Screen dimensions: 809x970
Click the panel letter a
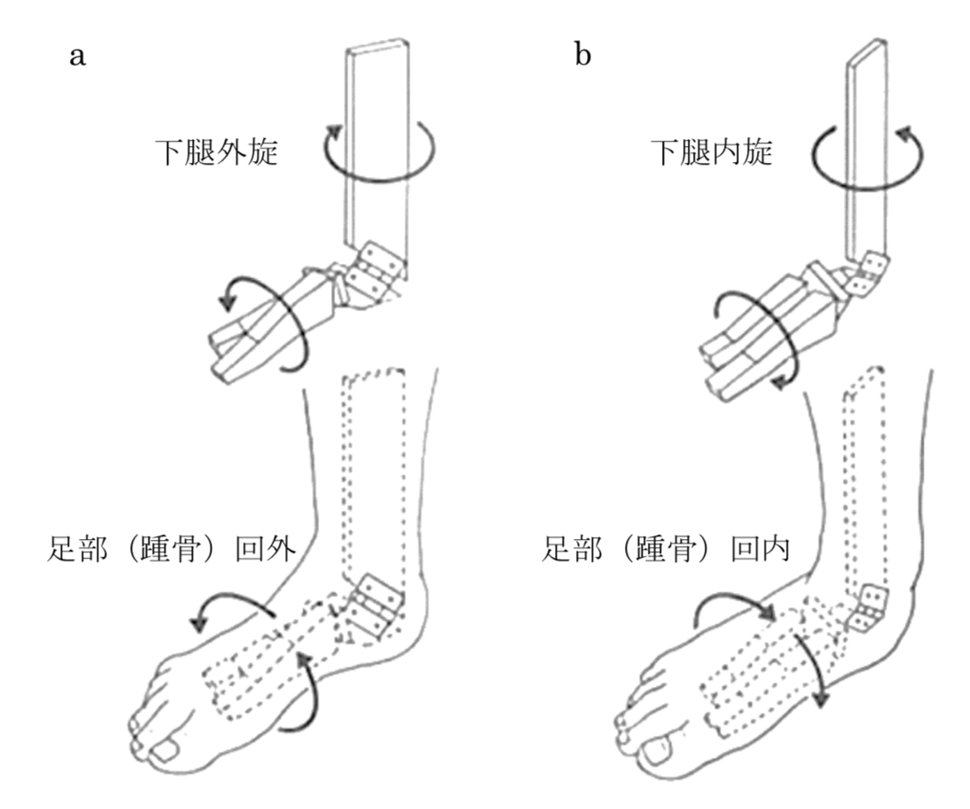click(78, 58)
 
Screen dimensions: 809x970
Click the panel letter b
click(582, 57)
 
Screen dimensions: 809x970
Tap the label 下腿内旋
click(711, 152)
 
